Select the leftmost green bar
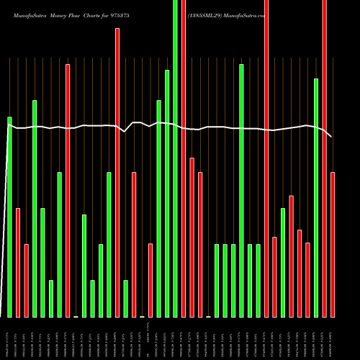[x=10, y=216]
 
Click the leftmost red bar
[x=18, y=263]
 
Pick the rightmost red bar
[x=333, y=245]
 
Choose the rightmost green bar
[x=316, y=198]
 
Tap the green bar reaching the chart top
[x=175, y=158]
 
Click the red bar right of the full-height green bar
[x=184, y=158]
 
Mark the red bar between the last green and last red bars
[x=324, y=158]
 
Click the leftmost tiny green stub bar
[x=76, y=316]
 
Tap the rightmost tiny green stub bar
[x=208, y=316]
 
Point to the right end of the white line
[x=332, y=137]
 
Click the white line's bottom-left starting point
[x=1, y=315]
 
